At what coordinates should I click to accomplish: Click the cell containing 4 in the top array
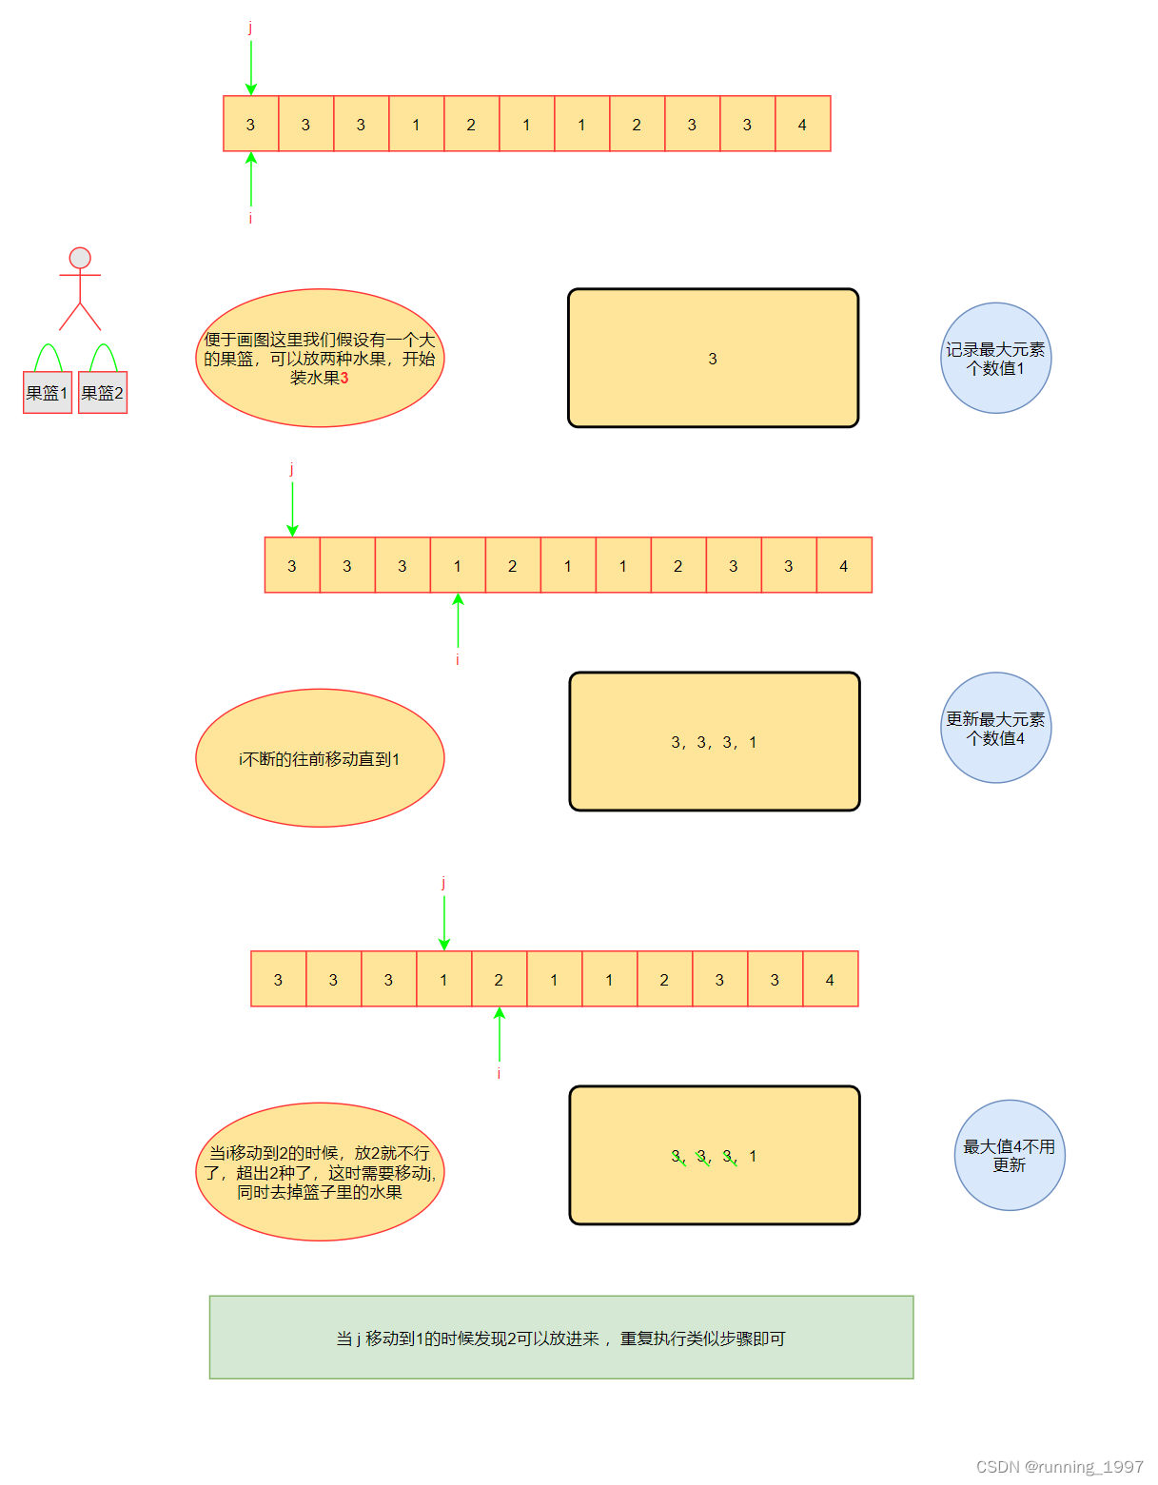pos(803,124)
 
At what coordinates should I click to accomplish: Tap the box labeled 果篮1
pos(48,393)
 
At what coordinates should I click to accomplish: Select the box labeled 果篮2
pos(103,393)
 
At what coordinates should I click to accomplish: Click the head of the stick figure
pos(80,258)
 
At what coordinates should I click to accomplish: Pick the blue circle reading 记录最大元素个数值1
pos(995,359)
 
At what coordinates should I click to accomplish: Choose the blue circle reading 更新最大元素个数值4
pos(995,728)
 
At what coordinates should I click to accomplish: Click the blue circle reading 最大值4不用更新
pos(1009,1155)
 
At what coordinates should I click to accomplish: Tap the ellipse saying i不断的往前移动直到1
pos(320,758)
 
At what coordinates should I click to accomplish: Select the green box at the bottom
pos(561,1337)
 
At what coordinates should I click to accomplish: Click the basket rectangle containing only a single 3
pos(713,359)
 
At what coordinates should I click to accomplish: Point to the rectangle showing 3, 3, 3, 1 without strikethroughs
pos(714,742)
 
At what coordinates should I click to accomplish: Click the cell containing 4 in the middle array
pos(844,565)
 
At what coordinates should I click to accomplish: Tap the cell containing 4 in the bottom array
pos(830,979)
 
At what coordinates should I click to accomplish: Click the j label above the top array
pos(250,28)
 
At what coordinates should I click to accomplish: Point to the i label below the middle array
pos(458,659)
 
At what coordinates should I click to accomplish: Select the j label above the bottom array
pos(443,883)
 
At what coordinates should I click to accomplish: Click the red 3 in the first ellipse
pos(344,378)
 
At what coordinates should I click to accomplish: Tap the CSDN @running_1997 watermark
pos(1059,1466)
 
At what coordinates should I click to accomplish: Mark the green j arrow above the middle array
pos(292,509)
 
